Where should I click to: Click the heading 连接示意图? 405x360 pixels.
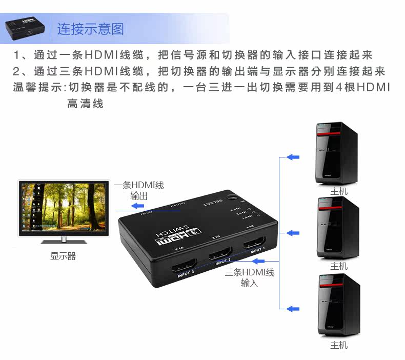[90, 29]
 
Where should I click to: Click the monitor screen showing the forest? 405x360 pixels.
[64, 207]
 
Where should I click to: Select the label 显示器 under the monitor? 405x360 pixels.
[63, 256]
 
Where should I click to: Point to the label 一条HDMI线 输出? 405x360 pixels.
[139, 190]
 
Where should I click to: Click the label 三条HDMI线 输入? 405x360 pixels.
[250, 277]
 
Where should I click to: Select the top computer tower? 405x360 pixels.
[336, 153]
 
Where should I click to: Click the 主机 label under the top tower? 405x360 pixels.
[339, 191]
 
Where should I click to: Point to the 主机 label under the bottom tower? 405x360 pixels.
[339, 345]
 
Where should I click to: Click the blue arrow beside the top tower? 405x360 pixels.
[292, 157]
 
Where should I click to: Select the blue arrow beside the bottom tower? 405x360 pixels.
[292, 309]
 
